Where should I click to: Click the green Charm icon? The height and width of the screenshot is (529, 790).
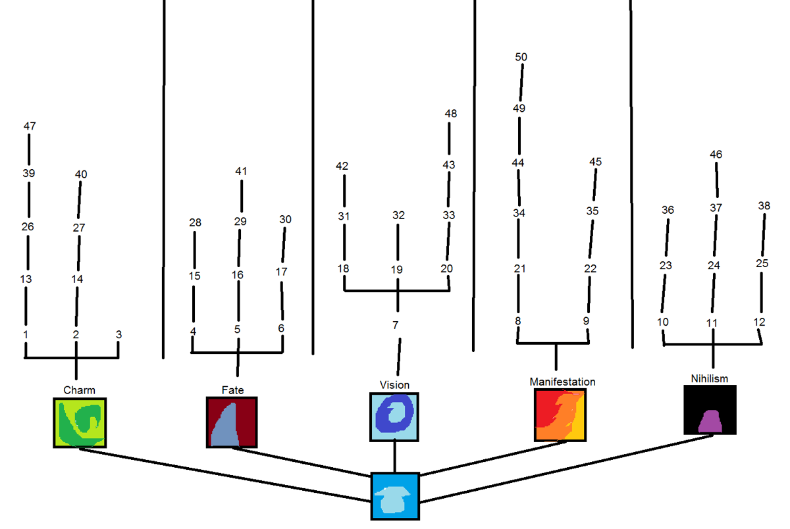80,422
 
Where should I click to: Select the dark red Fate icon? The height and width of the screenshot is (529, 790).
232,422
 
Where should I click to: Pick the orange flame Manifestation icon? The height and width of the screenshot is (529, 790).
559,415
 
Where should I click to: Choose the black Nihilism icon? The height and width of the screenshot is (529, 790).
710,410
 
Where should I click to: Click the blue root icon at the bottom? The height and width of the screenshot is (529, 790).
395,497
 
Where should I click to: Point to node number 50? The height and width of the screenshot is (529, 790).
521,57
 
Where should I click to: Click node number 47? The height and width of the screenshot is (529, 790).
30,126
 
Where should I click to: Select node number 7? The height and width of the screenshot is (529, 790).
395,325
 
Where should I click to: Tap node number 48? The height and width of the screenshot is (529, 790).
450,114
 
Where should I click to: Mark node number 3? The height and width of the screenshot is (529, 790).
118,334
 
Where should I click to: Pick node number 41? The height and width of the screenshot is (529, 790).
241,172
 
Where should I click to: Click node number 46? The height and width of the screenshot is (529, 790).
716,155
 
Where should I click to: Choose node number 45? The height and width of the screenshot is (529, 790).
595,162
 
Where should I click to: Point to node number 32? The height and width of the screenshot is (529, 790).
398,215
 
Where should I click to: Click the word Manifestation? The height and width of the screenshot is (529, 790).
562,382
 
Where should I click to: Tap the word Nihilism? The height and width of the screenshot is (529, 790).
710,378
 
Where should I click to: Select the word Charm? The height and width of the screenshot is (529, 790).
79,390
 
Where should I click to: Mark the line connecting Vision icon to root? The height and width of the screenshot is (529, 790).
394,457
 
